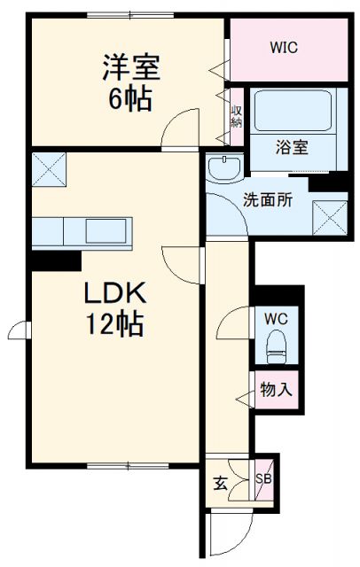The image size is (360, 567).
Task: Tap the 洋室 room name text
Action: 129,67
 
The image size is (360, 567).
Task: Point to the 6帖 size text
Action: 129,98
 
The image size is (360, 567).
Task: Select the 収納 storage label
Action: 237,115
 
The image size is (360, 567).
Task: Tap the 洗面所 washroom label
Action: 268,200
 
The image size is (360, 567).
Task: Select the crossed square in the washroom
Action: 329,216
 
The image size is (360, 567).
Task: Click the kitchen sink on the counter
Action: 106,233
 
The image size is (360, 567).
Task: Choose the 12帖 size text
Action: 114,324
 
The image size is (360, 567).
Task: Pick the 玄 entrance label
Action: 219,484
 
